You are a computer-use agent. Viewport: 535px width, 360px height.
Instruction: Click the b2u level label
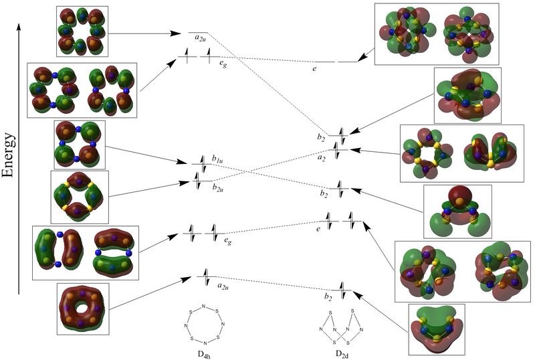[x=218, y=189]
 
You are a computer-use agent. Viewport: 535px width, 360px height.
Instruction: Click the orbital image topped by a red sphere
[x=457, y=211]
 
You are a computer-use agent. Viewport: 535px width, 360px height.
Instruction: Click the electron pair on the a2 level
[x=340, y=153]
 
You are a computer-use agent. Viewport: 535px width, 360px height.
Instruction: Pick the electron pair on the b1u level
[x=201, y=163]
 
